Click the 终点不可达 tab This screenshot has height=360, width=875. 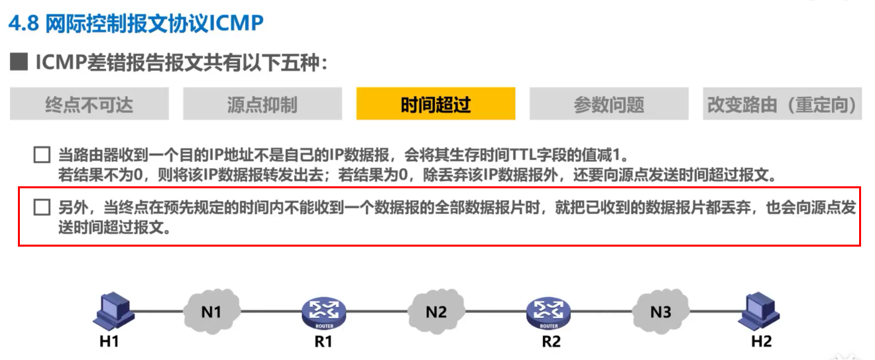coord(89,104)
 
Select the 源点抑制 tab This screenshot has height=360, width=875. coord(262,104)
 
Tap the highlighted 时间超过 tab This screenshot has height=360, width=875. coord(436,104)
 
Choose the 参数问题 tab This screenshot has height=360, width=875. coord(609,104)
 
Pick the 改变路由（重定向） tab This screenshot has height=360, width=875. coord(782,104)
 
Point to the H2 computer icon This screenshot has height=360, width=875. coord(760,310)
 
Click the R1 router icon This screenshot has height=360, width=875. coord(323,310)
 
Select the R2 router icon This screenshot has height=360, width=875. coord(548,310)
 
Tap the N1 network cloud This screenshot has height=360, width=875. coord(211,310)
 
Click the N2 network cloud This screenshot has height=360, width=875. coord(436,310)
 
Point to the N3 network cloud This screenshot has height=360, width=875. coord(660,310)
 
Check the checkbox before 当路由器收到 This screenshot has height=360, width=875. coord(42,156)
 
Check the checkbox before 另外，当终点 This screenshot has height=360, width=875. coord(42,208)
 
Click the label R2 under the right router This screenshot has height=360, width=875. coord(549,341)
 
